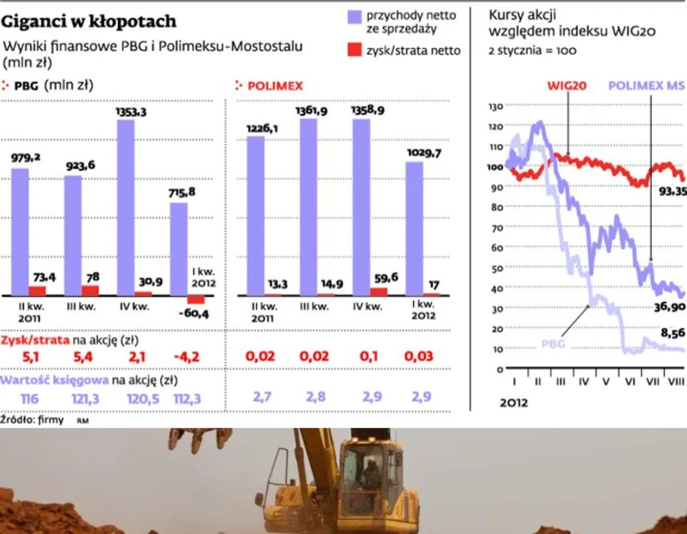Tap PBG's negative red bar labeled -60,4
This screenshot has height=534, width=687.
point(196,299)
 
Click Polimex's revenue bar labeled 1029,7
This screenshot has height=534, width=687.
point(413,229)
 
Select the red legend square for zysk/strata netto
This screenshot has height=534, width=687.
point(353,50)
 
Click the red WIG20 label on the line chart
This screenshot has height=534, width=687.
point(567,86)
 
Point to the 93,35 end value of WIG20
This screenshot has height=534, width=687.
point(671,191)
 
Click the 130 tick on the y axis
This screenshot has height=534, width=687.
point(494,107)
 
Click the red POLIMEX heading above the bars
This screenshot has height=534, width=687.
point(274,85)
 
